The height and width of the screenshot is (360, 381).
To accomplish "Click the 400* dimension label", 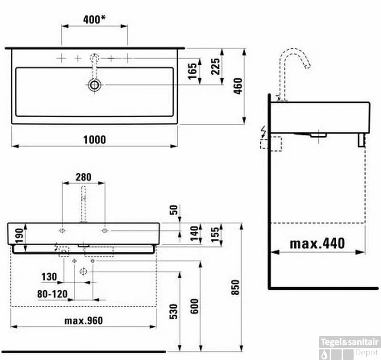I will click(94, 20).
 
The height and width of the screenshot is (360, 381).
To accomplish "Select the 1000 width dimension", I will click(94, 139).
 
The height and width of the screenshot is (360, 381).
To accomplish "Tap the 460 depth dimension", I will click(238, 86).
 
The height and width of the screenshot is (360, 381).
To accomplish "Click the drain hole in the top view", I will click(94, 85).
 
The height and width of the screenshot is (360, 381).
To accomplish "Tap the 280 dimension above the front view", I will click(83, 177).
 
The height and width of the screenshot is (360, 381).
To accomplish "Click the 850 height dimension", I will click(235, 286).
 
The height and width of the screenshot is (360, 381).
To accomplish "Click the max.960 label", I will click(83, 320).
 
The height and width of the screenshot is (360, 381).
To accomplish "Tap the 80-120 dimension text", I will click(52, 294).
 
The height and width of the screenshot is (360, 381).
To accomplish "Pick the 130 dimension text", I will click(49, 277).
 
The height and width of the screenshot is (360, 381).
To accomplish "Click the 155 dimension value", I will click(215, 234).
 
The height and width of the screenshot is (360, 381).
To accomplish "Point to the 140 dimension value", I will click(194, 233).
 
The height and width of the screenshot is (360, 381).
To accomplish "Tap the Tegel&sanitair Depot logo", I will click(350, 347).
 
